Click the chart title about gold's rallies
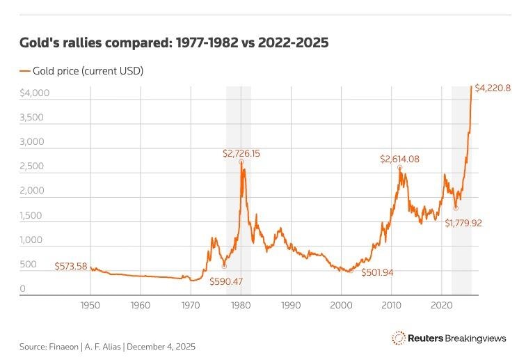click(x=174, y=43)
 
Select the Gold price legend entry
click(x=86, y=70)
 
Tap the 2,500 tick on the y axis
click(x=33, y=166)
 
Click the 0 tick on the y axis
click(x=23, y=288)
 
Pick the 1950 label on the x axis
click(x=90, y=305)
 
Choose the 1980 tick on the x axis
click(x=241, y=305)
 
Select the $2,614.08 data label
click(x=399, y=159)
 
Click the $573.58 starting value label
click(x=72, y=266)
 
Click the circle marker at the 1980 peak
click(x=241, y=162)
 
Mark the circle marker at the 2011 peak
click(x=399, y=168)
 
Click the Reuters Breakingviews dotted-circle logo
click(x=399, y=338)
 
